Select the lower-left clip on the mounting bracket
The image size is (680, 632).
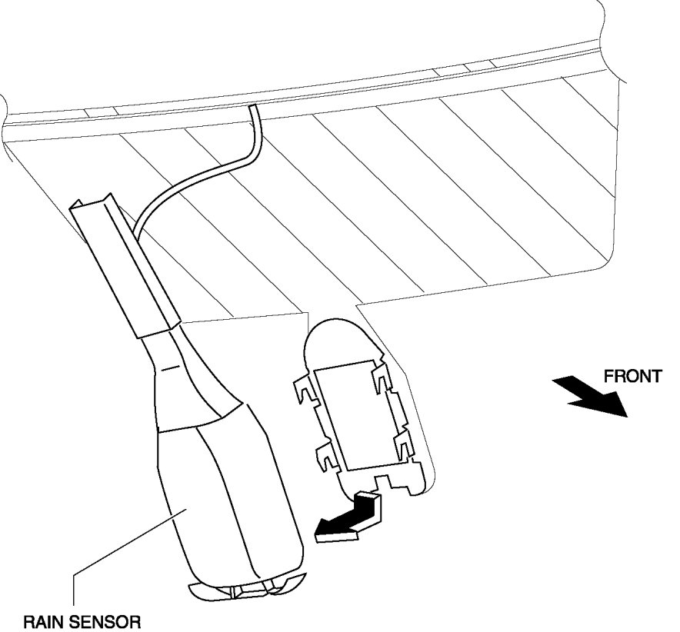click(327, 458)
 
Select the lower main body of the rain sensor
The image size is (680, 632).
click(231, 500)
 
